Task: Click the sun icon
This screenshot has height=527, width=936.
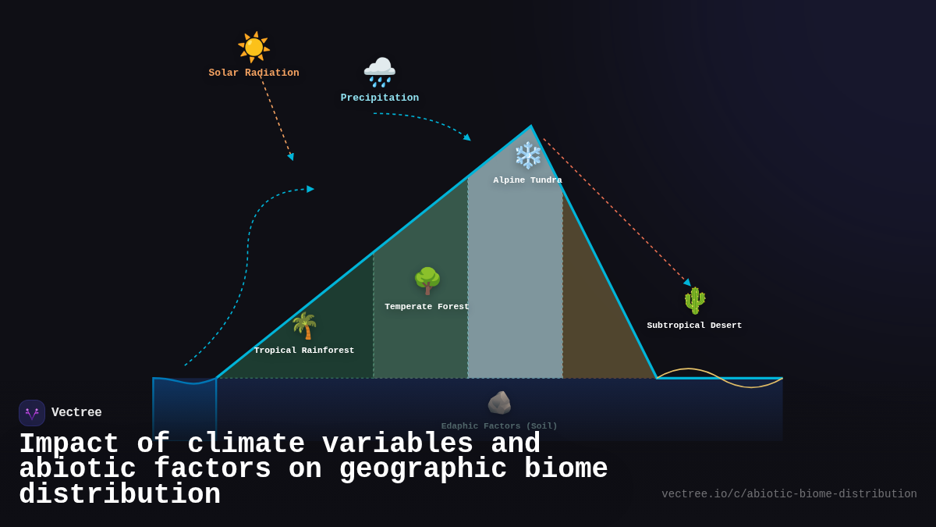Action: [253, 47]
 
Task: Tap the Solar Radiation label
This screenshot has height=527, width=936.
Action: [253, 73]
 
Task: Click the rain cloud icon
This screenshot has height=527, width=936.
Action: [379, 72]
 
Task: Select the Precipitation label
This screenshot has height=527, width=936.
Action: [379, 98]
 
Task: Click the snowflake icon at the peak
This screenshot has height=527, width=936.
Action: [528, 155]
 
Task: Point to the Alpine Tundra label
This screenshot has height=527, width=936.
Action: [527, 180]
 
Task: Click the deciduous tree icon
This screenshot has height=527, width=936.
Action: [427, 280]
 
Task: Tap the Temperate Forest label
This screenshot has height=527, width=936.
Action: [427, 307]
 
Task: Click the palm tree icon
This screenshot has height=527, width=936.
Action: [304, 326]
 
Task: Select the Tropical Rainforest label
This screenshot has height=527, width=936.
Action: [304, 351]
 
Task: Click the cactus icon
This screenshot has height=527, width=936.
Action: [694, 301]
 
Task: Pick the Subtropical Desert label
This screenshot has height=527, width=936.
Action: [694, 326]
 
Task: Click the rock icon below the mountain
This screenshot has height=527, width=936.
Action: [499, 403]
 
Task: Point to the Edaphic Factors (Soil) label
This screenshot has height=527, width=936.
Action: [499, 426]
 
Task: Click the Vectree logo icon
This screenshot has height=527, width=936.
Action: [32, 413]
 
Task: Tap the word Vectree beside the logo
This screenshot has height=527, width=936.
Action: [76, 413]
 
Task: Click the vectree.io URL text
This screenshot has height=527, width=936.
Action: [789, 494]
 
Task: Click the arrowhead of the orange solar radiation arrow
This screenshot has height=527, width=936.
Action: [291, 157]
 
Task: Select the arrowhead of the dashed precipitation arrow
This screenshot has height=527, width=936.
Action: [467, 138]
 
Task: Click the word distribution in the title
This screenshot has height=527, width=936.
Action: [119, 495]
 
